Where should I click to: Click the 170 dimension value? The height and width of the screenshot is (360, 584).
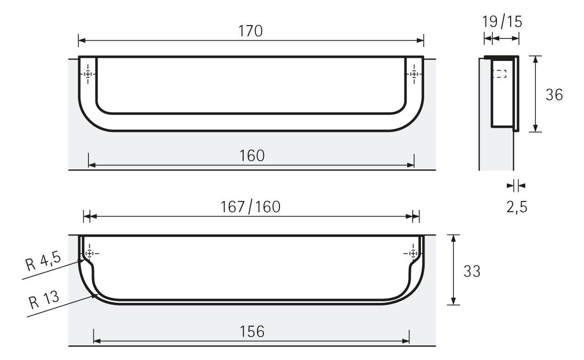click(x=251, y=31)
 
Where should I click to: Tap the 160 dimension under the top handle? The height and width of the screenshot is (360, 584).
click(x=252, y=156)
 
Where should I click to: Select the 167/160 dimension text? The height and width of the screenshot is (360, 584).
click(x=251, y=207)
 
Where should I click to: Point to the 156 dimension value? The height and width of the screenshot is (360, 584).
click(x=252, y=332)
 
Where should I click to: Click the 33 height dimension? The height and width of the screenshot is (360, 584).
click(x=472, y=271)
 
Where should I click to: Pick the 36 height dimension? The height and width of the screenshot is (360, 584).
click(x=554, y=95)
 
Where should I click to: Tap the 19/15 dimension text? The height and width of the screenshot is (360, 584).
click(x=502, y=22)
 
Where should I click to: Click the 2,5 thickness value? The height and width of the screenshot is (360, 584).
click(x=517, y=207)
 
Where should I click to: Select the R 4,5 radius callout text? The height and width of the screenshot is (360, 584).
click(x=43, y=262)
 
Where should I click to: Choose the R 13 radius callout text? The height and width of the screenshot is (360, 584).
click(x=44, y=300)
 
